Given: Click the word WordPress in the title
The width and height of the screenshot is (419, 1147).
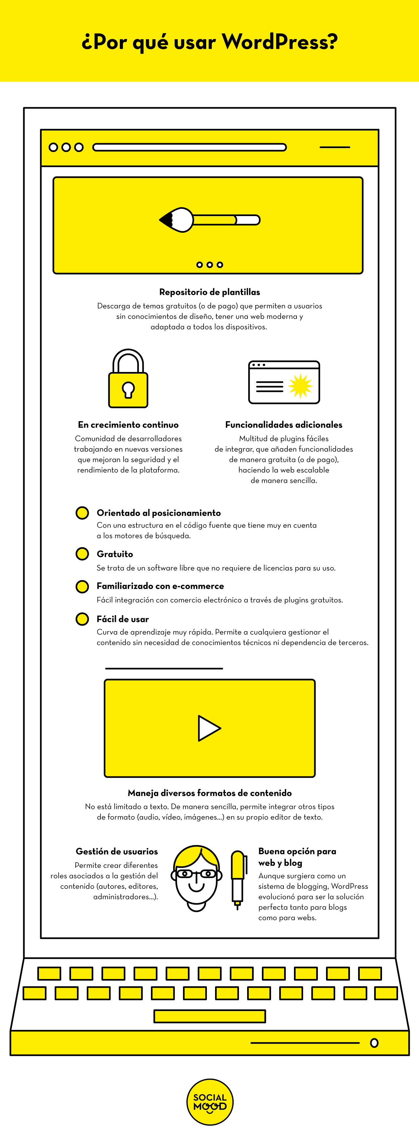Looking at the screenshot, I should point(280,42).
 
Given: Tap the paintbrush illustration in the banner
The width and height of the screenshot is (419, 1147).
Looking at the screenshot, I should point(209,220).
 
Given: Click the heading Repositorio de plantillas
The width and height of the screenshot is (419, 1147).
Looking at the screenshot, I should point(209,292).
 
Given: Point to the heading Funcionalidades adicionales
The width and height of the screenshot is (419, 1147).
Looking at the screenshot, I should point(283,425).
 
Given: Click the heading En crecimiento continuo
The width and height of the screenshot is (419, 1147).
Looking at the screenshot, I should point(128,425).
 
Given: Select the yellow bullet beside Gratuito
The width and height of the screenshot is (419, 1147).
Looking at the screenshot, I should point(82,554).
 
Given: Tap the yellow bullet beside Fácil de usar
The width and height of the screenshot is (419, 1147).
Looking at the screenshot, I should point(82,619).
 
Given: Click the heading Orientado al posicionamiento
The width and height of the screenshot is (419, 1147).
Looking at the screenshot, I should point(159,513).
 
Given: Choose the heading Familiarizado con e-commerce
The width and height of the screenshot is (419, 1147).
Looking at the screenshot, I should point(160,586).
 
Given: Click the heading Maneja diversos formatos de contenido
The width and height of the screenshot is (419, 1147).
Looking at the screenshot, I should point(209,793).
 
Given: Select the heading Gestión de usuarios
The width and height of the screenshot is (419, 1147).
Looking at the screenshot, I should point(117,852).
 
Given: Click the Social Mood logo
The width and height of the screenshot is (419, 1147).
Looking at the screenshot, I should point(209,1102).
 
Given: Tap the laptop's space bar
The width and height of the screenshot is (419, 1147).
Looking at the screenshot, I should point(209,1016).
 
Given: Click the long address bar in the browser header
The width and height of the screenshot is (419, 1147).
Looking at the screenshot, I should point(190,147).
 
